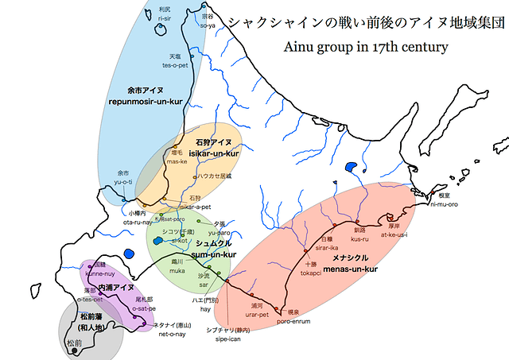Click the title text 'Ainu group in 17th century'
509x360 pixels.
pyautogui.click(x=366, y=47)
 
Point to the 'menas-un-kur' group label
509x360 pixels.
pyautogui.click(x=349, y=269)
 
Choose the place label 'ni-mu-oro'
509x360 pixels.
pyautogui.click(x=445, y=204)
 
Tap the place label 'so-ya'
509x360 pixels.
pyautogui.click(x=208, y=25)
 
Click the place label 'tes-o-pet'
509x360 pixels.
pyautogui.click(x=175, y=66)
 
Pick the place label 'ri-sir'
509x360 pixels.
pyautogui.click(x=165, y=17)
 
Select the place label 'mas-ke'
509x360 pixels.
pyautogui.click(x=177, y=161)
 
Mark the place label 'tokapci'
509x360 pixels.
pyautogui.click(x=311, y=273)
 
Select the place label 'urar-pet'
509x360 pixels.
pyautogui.click(x=257, y=315)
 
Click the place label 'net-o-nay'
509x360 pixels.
pyautogui.click(x=173, y=335)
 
